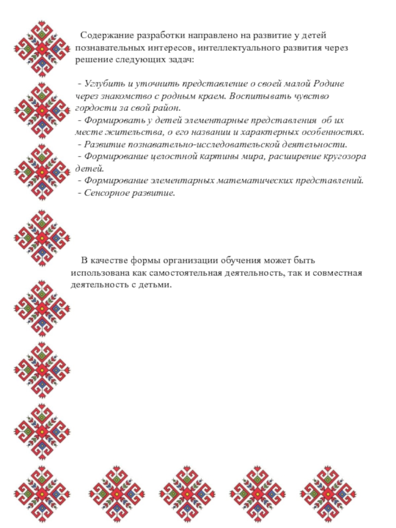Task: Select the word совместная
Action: [x=339, y=273]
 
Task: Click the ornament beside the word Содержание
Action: [x=42, y=49]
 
